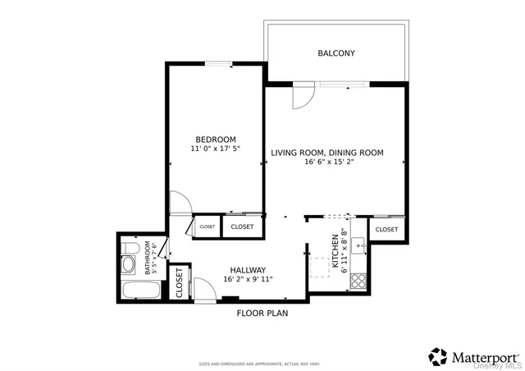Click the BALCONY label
(x=336, y=54)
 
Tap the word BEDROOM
(x=215, y=139)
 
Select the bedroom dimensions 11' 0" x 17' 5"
(x=215, y=149)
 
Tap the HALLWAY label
(x=247, y=270)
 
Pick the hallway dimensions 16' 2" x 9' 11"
(x=247, y=280)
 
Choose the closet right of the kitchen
(x=386, y=230)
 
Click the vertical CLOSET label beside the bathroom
(x=180, y=282)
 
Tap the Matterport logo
(x=473, y=356)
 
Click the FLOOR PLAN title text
(x=262, y=313)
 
